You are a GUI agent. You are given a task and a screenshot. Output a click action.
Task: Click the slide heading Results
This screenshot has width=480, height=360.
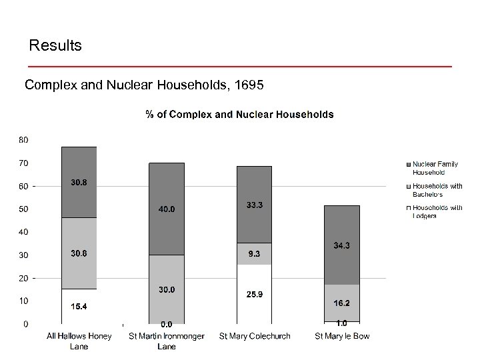[x=55, y=46]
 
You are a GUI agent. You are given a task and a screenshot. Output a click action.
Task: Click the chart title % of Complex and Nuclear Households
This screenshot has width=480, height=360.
[x=239, y=114]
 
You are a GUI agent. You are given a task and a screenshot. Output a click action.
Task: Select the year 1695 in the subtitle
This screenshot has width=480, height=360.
[x=249, y=85]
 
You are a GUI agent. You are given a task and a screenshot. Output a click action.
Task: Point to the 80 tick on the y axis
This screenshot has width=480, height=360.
[x=23, y=140]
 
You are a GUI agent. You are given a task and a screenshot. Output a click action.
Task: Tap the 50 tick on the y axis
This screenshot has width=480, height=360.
[x=23, y=209]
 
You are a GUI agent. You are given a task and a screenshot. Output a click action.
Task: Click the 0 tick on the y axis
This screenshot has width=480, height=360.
[x=25, y=324]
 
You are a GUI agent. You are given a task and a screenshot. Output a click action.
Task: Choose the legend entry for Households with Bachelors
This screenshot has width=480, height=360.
[x=437, y=190]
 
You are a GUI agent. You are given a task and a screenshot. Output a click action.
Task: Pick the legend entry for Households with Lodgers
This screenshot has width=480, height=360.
[x=437, y=211]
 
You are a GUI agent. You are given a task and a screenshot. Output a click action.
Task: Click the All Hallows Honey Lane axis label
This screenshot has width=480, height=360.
[x=79, y=341]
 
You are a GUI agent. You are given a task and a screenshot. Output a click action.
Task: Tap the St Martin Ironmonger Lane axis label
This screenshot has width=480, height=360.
[x=166, y=341]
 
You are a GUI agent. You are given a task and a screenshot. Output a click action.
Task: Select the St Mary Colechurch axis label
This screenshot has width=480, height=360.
[x=255, y=336]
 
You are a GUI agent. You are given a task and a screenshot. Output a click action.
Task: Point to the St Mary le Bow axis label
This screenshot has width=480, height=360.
[x=342, y=336]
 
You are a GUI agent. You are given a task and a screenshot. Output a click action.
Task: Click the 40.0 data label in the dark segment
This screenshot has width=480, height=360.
[x=166, y=209]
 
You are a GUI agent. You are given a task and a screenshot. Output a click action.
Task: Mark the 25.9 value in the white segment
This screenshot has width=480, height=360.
[x=255, y=294]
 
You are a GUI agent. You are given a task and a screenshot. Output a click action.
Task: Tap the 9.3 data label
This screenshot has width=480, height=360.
[x=255, y=254]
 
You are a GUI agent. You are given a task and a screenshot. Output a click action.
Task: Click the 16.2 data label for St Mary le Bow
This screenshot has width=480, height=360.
[x=343, y=302]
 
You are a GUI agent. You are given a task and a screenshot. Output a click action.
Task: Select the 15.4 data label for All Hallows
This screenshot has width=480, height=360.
[x=79, y=305]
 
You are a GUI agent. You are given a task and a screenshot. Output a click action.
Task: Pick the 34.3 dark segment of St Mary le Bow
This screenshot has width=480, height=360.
[x=342, y=245]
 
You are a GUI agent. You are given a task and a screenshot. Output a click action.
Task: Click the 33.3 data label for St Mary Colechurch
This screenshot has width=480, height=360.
[x=255, y=205]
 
